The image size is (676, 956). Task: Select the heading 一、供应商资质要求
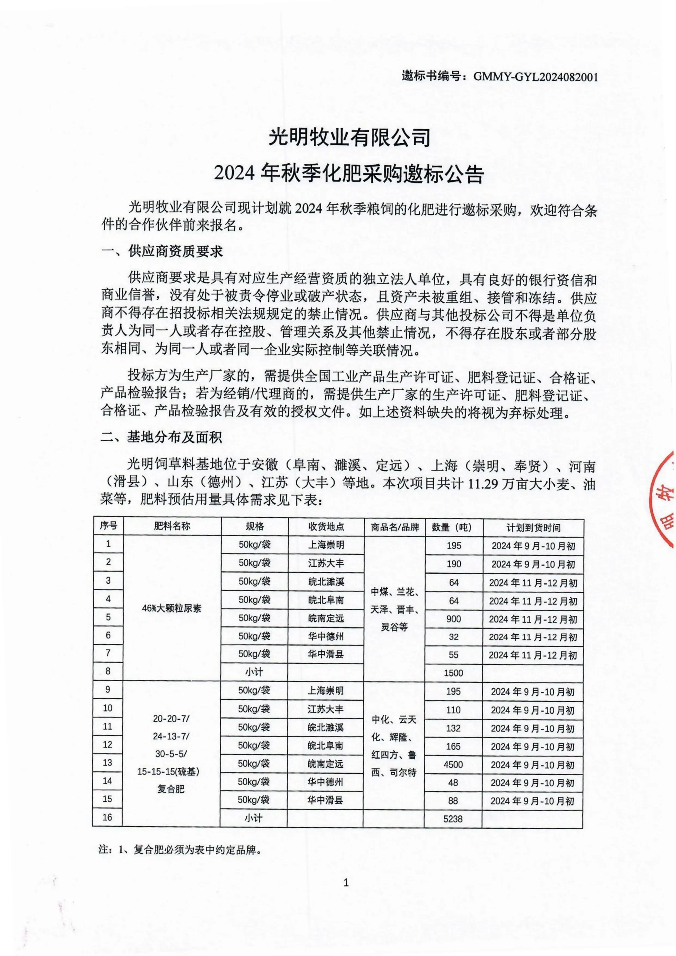[x=162, y=251]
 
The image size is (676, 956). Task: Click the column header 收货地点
[x=326, y=527]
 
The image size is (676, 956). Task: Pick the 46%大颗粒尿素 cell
[x=172, y=608]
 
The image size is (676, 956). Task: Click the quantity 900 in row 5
[x=454, y=619]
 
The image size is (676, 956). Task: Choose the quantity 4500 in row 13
[x=453, y=765]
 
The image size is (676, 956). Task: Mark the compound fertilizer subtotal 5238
[x=453, y=819]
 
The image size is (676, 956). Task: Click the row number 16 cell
[x=107, y=817]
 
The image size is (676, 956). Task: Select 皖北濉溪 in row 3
[x=326, y=582]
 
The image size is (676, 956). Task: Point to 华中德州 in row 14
[x=326, y=782]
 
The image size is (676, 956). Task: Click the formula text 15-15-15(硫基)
[x=168, y=772]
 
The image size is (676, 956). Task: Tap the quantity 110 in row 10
[x=453, y=710]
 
